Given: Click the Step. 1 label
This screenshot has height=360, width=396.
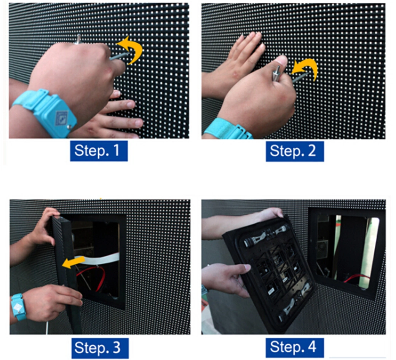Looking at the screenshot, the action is point(99,151).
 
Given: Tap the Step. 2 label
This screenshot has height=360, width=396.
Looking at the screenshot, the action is point(295,151).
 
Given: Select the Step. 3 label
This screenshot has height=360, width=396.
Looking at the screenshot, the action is point(100,348).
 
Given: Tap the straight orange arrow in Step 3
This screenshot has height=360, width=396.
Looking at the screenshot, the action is point(73,262).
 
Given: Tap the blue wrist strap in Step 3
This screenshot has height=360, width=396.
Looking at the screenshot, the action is point(18,307).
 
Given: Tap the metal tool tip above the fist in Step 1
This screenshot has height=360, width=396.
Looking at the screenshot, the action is point(78,39).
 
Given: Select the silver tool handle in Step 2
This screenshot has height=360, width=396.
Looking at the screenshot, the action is point(276,73).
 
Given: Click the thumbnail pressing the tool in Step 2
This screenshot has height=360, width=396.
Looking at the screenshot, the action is point(283,61).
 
